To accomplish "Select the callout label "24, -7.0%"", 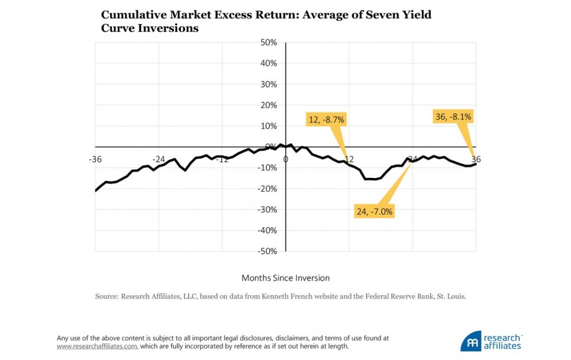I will point(375,212).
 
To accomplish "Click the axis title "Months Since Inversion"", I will point(285,278).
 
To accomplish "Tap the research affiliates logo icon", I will point(471,341).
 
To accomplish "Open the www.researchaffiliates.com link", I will point(96,346).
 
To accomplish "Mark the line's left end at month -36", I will point(95,191).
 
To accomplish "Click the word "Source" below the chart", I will point(107,297).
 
